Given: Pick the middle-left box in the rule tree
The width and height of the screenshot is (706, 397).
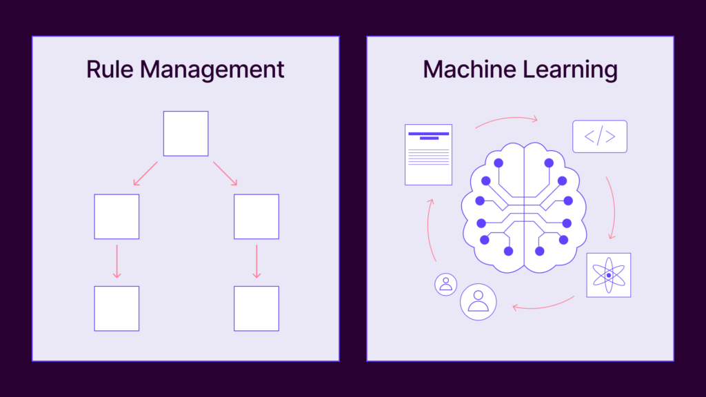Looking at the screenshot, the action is [x=117, y=216].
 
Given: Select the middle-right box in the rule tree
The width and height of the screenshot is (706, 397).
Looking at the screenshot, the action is [x=256, y=216].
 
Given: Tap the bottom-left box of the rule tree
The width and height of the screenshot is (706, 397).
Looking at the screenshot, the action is [x=117, y=308].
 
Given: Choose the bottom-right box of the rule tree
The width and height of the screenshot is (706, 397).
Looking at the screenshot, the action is [x=256, y=308].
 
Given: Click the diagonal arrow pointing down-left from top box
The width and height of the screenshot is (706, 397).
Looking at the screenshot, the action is [x=145, y=174].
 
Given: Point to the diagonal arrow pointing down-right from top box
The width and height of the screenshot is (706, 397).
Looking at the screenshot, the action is [x=225, y=174].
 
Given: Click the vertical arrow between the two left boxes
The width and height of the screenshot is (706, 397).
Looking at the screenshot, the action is [x=117, y=261].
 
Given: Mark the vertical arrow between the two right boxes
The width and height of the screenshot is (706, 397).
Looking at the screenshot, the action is [x=256, y=261].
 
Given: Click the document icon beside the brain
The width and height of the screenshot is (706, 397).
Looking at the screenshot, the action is [x=428, y=154].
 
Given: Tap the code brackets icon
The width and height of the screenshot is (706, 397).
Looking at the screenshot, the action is [x=600, y=136].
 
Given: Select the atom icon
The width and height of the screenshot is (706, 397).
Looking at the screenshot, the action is [x=609, y=275].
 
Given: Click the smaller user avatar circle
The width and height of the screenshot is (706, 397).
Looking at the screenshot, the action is [x=446, y=285].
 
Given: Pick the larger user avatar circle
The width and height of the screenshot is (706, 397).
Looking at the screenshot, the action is [x=478, y=302].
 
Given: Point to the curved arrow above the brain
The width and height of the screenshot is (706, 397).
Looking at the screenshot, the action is [x=507, y=119].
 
